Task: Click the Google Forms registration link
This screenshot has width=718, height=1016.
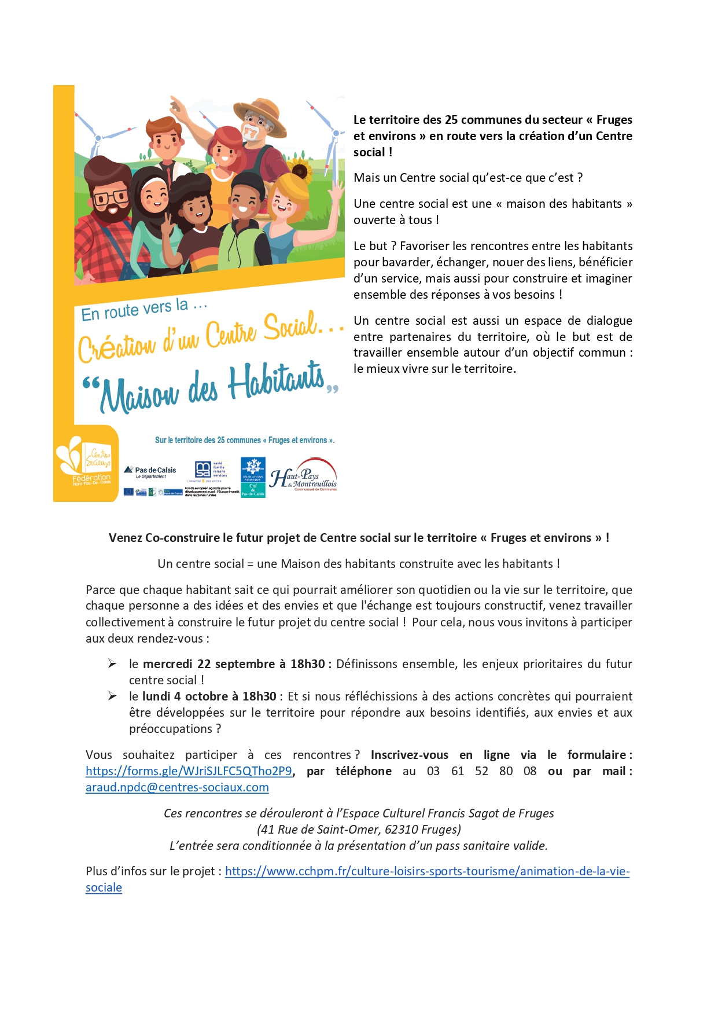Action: (189, 771)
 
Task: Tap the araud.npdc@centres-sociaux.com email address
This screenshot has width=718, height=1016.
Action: (177, 787)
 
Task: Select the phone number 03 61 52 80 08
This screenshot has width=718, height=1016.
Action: (481, 771)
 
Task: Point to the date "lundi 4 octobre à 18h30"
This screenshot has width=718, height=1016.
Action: (209, 696)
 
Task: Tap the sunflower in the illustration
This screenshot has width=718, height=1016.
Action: (300, 171)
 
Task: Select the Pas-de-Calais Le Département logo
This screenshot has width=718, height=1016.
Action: (151, 472)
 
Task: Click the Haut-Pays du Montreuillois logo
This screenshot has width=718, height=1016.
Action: (304, 476)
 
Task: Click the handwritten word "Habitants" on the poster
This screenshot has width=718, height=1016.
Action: (276, 382)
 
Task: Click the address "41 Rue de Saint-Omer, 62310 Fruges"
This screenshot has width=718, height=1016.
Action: (359, 830)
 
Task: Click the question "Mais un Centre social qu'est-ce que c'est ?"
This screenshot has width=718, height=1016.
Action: (467, 178)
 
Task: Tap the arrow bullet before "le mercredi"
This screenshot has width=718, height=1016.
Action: (112, 663)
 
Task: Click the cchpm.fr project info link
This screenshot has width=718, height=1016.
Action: (427, 871)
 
